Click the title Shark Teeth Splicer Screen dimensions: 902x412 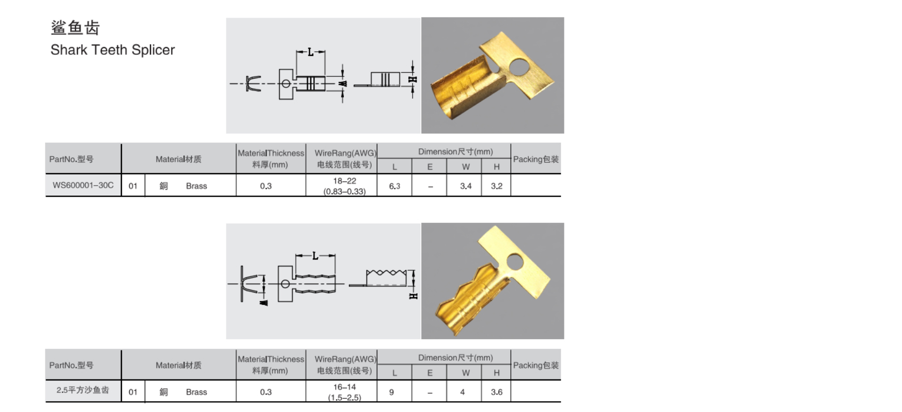pyautogui.click(x=113, y=50)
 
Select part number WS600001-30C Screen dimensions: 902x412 pyautogui.click(x=83, y=185)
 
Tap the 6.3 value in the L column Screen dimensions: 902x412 pyautogui.click(x=394, y=186)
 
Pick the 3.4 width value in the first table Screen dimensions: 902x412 pyautogui.click(x=466, y=186)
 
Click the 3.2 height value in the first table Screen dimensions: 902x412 pyautogui.click(x=497, y=186)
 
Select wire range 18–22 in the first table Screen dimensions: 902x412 pyautogui.click(x=345, y=181)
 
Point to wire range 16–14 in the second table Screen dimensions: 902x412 pyautogui.click(x=345, y=387)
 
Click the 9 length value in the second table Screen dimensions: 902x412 pyautogui.click(x=391, y=392)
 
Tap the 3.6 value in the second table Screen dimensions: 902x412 pyautogui.click(x=497, y=392)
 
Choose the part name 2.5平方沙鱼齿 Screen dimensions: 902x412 pyautogui.click(x=83, y=390)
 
